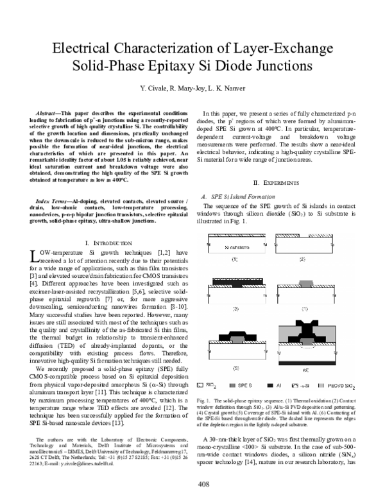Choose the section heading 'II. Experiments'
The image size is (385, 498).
coord(278,165)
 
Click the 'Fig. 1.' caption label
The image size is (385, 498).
coord(205,400)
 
